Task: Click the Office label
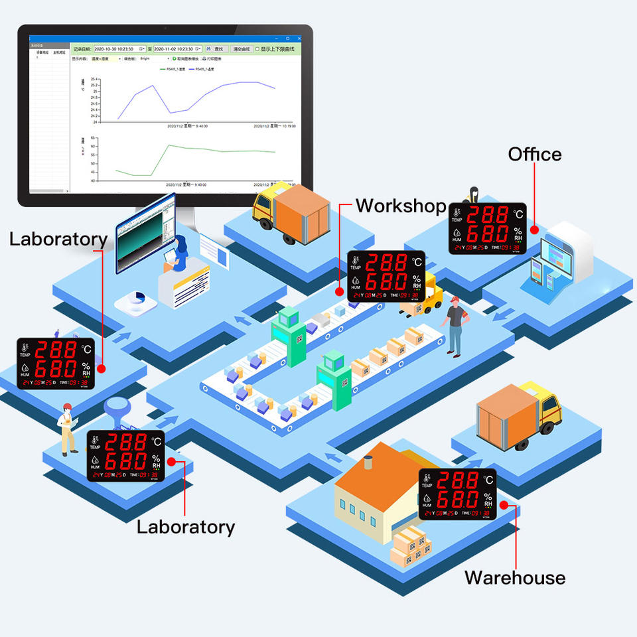coord(534,155)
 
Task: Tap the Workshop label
coord(401,206)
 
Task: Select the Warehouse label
coord(514,577)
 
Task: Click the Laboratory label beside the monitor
coord(58,239)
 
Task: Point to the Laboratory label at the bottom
coord(186,527)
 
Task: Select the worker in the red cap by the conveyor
coord(456,325)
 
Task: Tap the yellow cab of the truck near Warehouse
coord(548,407)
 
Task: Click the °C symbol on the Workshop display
coord(417,263)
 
